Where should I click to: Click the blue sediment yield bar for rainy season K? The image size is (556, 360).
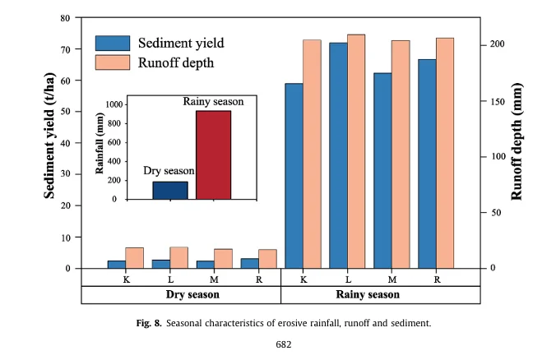pyautogui.click(x=294, y=176)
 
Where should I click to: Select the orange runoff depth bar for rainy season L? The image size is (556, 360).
pyautogui.click(x=356, y=151)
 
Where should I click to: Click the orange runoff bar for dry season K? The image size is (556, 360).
pyautogui.click(x=134, y=258)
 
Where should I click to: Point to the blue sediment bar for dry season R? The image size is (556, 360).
pyautogui.click(x=249, y=263)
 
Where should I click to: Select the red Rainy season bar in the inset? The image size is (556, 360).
pyautogui.click(x=213, y=155)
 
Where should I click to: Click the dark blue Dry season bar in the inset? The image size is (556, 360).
pyautogui.click(x=170, y=190)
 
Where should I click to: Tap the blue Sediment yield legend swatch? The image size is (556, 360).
pyautogui.click(x=113, y=43)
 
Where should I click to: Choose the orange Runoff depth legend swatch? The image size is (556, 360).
pyautogui.click(x=113, y=62)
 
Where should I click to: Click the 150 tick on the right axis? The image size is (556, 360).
pyautogui.click(x=492, y=101)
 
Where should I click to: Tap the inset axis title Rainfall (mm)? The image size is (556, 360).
pyautogui.click(x=100, y=145)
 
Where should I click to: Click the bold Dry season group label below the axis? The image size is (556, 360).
pyautogui.click(x=180, y=294)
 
